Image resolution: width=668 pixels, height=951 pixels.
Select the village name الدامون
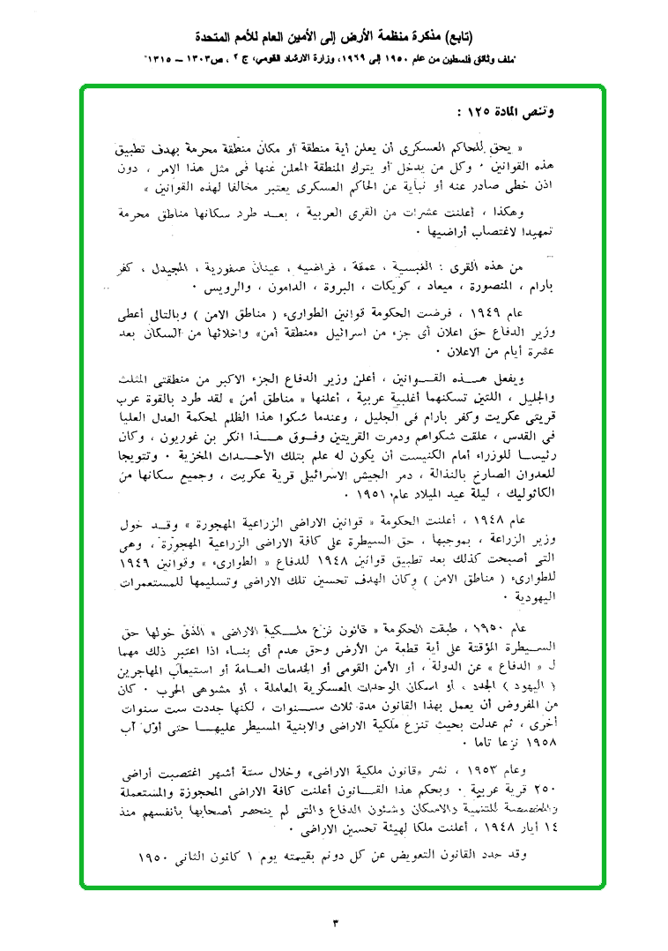286,288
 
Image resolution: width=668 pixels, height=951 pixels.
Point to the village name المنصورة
499,288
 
